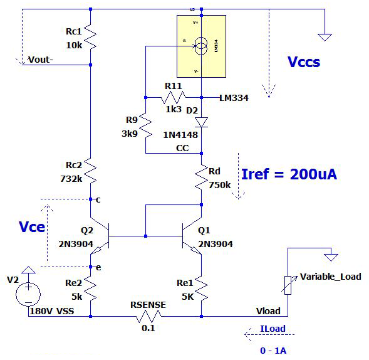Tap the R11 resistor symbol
(x=174, y=97)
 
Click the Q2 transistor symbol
(x=100, y=236)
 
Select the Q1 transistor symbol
(x=191, y=236)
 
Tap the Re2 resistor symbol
(x=91, y=289)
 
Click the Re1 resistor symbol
(x=201, y=289)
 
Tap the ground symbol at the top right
(x=324, y=36)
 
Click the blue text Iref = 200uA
(x=289, y=174)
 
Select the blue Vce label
(x=33, y=226)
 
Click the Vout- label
(x=41, y=60)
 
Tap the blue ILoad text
(x=274, y=328)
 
